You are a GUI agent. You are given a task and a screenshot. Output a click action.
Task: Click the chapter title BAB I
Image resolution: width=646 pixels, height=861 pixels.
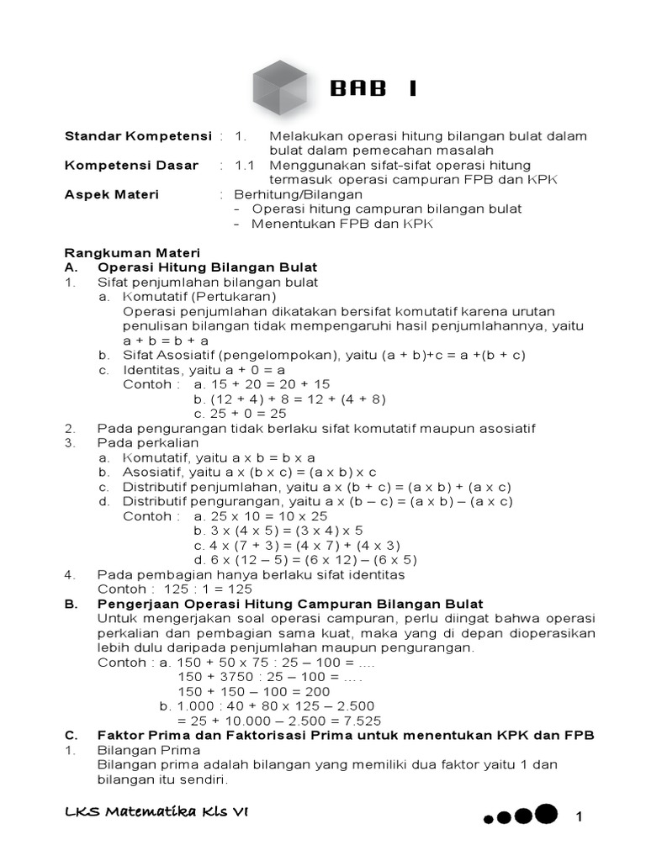(373, 90)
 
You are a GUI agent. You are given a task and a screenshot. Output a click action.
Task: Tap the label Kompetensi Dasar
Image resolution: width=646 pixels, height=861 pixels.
(131, 166)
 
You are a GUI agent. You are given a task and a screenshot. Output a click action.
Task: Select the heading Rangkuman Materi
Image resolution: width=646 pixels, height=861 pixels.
(132, 253)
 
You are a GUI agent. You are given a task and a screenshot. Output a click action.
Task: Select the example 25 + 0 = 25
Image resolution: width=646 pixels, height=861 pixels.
(240, 414)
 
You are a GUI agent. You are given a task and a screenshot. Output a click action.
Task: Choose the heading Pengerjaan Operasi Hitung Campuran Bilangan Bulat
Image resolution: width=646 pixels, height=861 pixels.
(290, 604)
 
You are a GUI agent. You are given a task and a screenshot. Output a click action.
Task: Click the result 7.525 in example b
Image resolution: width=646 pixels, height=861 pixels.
(362, 721)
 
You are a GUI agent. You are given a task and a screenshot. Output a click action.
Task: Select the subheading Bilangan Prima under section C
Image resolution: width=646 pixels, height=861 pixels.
(149, 750)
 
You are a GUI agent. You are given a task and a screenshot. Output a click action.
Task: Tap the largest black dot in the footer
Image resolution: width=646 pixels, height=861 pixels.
(546, 813)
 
